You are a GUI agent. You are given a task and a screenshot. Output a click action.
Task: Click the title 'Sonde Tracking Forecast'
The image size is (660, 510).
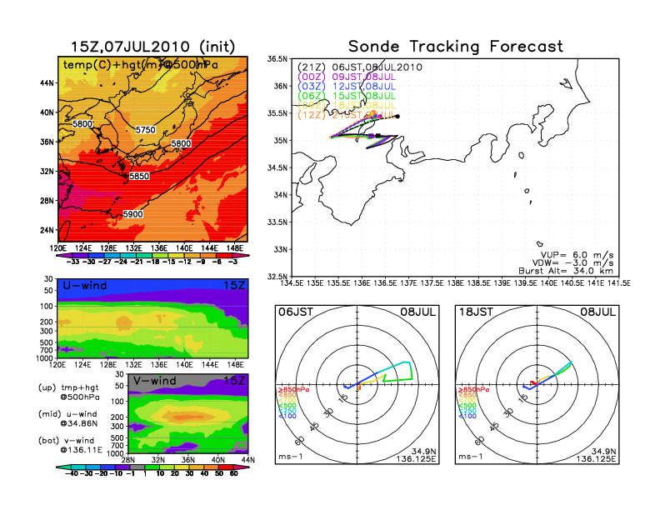coord(455,46)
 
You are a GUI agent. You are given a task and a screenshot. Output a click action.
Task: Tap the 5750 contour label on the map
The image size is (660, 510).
coord(145,130)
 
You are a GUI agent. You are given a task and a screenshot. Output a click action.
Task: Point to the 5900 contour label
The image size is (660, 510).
coord(132,214)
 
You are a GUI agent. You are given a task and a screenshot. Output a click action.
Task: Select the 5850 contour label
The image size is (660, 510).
coord(139,177)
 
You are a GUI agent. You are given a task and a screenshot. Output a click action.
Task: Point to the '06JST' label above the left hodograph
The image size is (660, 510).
coord(294,312)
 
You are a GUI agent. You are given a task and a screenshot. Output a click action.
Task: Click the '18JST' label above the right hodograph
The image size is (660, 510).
coord(477,312)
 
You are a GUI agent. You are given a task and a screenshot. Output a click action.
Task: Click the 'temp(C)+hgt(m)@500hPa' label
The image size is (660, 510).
coord(129,63)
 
